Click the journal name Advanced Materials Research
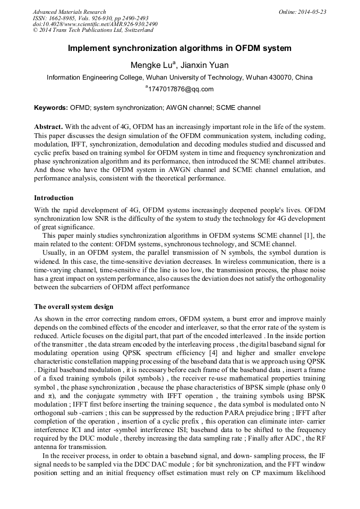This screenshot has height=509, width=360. coord(69,12)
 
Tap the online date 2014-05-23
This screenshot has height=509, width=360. coord(313,12)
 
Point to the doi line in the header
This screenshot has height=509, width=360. coord(95,24)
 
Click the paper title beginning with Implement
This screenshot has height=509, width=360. coord(179,48)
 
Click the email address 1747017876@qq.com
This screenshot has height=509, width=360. coord(181,89)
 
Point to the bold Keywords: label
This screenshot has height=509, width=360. coord(51,108)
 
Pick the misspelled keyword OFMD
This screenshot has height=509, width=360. coord(79,108)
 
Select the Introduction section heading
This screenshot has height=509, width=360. coord(54,198)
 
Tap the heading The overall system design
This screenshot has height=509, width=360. coord(74,307)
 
